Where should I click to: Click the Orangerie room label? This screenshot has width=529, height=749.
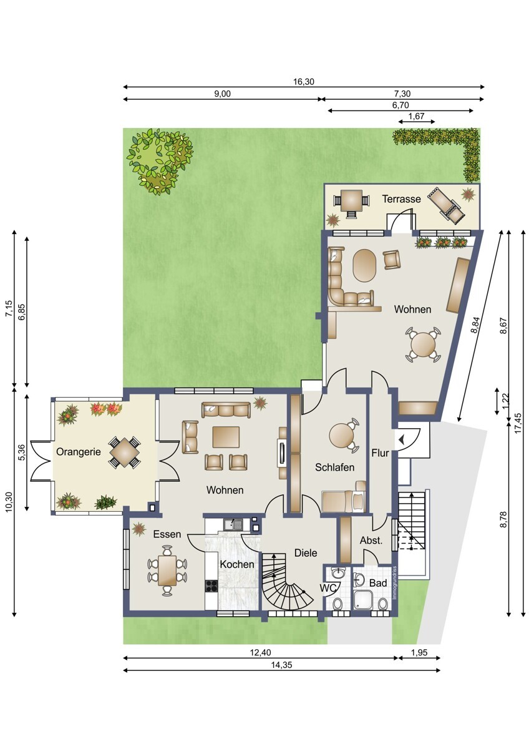(78, 452)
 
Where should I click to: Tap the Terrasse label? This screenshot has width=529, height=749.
(401, 199)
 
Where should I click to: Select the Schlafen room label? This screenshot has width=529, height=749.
(334, 467)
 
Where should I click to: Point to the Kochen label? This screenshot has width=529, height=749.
(237, 564)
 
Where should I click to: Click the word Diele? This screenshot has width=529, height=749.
(306, 553)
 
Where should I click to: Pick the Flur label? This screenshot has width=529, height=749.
(380, 453)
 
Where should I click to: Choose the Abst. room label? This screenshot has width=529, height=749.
(371, 541)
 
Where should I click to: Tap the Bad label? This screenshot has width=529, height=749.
(378, 583)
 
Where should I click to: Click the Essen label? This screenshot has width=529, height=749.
(167, 534)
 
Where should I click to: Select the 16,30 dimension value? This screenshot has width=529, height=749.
(304, 82)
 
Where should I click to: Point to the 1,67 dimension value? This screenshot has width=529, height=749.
(416, 116)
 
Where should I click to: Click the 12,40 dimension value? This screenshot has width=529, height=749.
(261, 652)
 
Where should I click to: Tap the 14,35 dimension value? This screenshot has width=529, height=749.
(281, 665)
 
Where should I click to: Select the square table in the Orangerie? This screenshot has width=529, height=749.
(125, 453)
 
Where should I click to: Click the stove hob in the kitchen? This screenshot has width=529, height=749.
(211, 585)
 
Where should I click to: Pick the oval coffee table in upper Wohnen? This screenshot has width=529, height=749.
(366, 266)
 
